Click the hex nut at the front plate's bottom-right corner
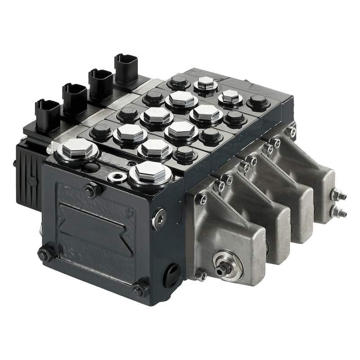pos(143,285)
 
